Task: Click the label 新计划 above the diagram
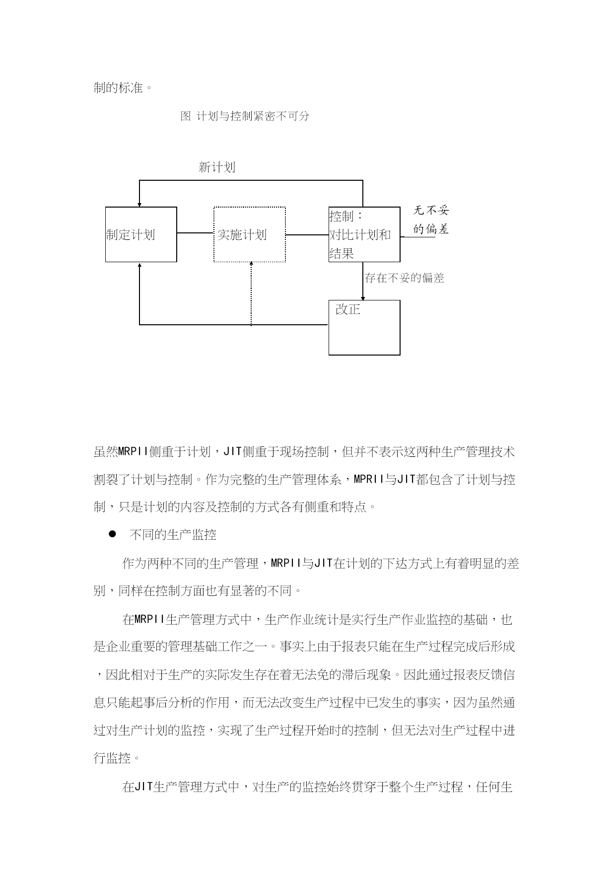click(x=217, y=167)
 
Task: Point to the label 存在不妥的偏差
click(x=405, y=278)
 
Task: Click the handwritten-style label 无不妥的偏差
click(x=431, y=219)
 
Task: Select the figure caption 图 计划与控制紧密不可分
click(x=245, y=116)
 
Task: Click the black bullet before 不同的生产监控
click(x=112, y=534)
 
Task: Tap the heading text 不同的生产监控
click(x=173, y=535)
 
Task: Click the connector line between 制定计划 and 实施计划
click(x=196, y=233)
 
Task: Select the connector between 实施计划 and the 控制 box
click(x=307, y=235)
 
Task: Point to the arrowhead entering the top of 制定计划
click(x=139, y=204)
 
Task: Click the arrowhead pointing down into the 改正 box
click(x=363, y=297)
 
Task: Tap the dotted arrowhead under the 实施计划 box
click(x=251, y=265)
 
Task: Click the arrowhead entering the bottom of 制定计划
click(x=139, y=265)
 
